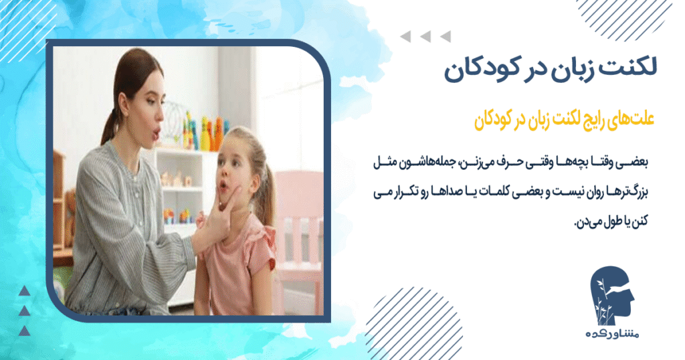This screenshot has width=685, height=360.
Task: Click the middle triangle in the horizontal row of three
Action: coord(422,37)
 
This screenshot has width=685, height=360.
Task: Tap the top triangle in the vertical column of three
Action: coord(24,290)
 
